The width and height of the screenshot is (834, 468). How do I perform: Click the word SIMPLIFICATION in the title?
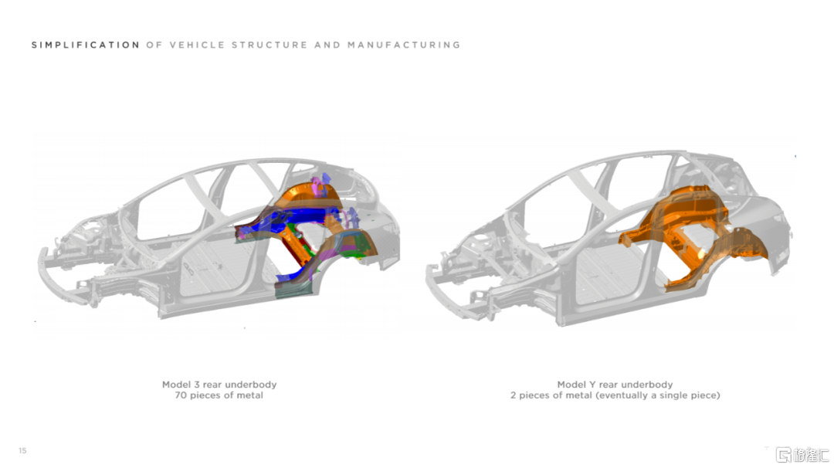[86, 45]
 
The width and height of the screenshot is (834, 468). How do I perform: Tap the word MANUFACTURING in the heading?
[404, 45]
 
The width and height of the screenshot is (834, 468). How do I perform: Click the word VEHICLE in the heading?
[196, 45]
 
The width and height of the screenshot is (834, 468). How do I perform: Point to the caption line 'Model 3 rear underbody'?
[219, 385]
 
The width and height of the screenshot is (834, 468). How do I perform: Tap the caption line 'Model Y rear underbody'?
[615, 385]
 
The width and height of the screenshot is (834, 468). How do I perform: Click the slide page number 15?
[22, 450]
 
